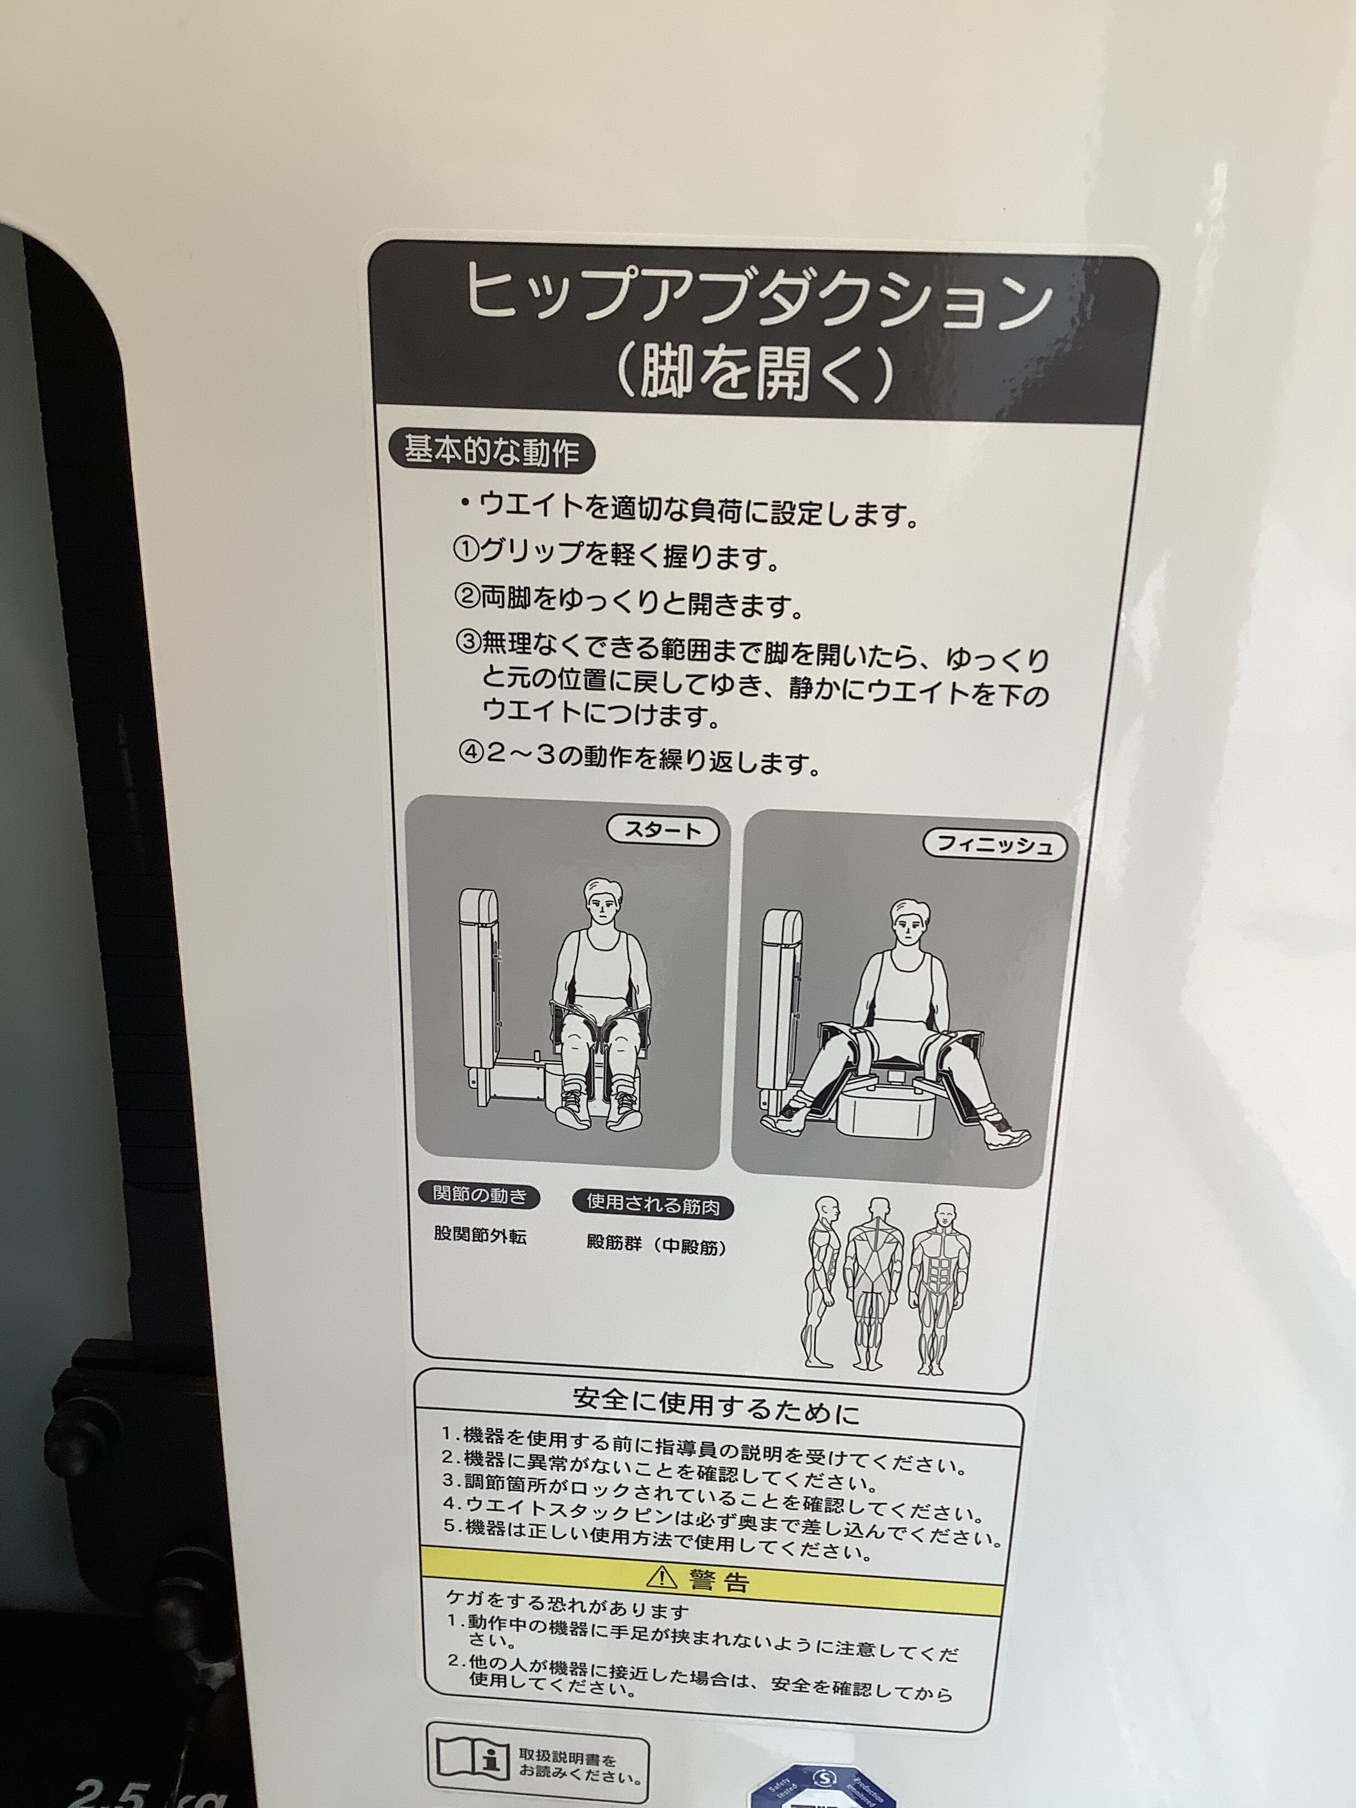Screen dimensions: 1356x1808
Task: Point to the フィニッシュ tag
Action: pyautogui.click(x=995, y=844)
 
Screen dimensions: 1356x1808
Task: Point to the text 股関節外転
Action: pyautogui.click(x=480, y=1236)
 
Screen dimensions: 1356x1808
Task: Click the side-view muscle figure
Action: pyautogui.click(x=820, y=1282)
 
